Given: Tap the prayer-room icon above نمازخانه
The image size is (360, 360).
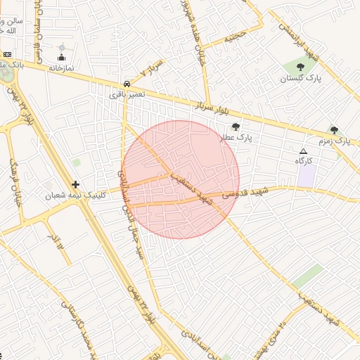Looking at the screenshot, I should (x=61, y=58).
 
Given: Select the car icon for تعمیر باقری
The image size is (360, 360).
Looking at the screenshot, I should (x=126, y=82).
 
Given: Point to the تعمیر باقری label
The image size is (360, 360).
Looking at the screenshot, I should (x=127, y=93).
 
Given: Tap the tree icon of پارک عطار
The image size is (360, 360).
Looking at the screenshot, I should (x=236, y=127).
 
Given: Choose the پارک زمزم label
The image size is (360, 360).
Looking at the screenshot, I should (x=334, y=141).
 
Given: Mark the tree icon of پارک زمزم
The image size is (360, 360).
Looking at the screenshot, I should (x=334, y=130).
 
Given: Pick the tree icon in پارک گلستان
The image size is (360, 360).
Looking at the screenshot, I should (x=300, y=67).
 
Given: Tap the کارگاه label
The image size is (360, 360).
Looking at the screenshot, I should (x=304, y=161).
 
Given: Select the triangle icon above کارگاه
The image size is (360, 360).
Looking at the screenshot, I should (x=304, y=151).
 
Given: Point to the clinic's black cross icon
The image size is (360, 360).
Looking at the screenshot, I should (x=75, y=184).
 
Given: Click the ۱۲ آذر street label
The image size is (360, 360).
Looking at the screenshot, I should (x=56, y=243).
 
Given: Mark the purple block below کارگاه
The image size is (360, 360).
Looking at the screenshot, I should (x=306, y=176).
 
